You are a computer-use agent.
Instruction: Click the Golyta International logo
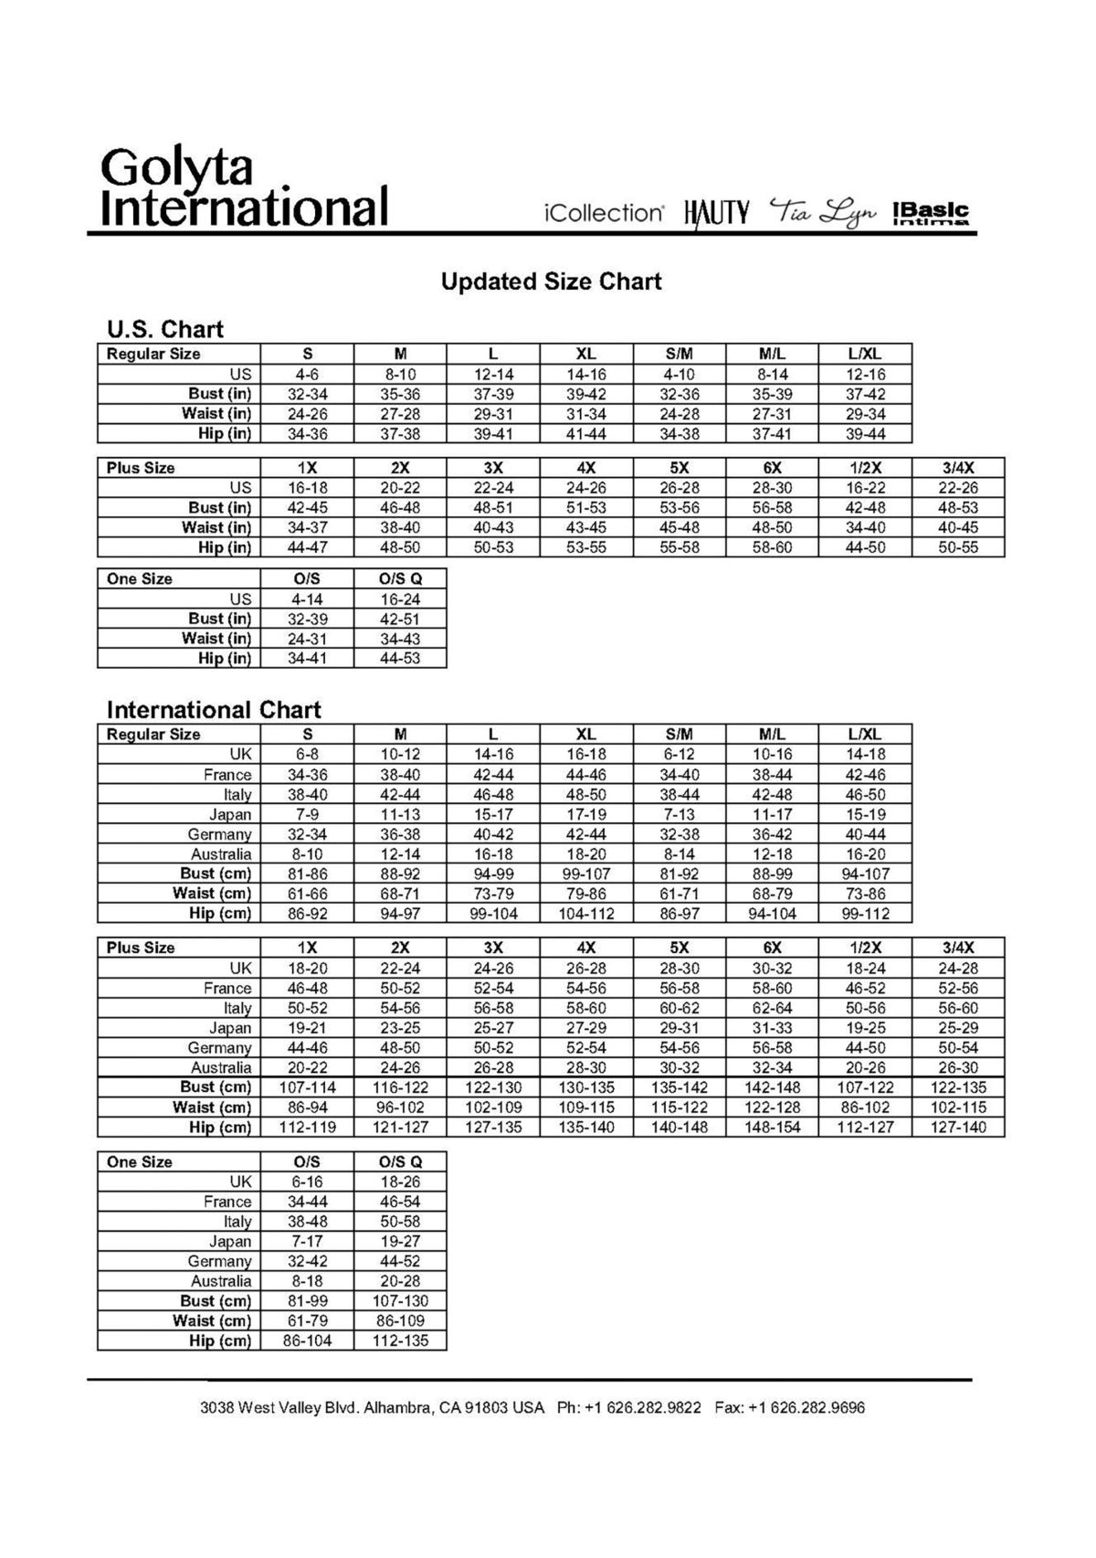[244, 187]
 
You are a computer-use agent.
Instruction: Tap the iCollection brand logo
[604, 213]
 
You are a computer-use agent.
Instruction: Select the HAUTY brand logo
[716, 214]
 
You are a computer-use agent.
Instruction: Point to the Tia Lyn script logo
[822, 212]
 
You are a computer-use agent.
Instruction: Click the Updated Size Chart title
[551, 281]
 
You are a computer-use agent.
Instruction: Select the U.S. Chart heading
[164, 329]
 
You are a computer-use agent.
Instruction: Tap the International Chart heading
[214, 710]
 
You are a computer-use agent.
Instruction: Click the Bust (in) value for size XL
[585, 394]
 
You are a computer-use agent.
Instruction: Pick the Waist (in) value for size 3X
[493, 527]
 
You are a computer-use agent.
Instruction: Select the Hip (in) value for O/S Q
[400, 658]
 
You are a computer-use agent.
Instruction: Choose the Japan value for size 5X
[679, 1028]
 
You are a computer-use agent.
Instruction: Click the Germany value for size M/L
[772, 834]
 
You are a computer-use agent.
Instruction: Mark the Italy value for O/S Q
[400, 1222]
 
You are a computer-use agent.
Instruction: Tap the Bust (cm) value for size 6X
[772, 1087]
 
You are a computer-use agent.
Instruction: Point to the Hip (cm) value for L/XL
[865, 913]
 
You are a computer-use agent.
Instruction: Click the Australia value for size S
[307, 854]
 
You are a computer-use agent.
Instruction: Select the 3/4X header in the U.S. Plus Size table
[958, 468]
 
